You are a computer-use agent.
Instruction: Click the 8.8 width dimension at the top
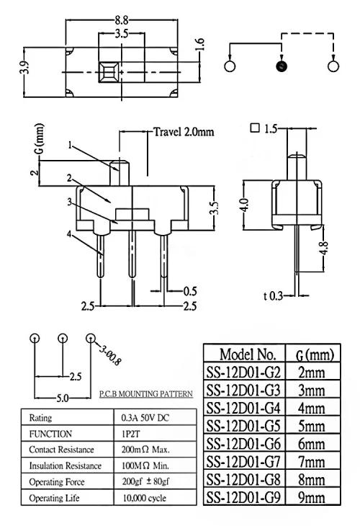click(122, 20)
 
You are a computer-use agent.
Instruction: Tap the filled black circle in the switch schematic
click(282, 66)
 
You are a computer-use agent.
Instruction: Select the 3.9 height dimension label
click(27, 68)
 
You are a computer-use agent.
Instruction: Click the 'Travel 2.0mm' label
click(184, 132)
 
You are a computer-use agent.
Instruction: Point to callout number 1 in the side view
click(70, 146)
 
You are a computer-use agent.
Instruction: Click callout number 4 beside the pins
click(69, 233)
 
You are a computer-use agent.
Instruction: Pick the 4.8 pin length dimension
click(325, 249)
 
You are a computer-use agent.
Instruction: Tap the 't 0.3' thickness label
click(273, 296)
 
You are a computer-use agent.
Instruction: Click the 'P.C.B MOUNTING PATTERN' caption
click(146, 393)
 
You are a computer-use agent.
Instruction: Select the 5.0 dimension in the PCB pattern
click(63, 398)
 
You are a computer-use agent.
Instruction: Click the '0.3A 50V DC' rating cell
click(145, 418)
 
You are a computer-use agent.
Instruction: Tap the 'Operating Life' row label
click(54, 498)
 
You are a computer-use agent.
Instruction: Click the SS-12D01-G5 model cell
click(243, 426)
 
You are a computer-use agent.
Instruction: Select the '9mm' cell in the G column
click(312, 497)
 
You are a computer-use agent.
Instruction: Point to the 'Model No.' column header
click(248, 355)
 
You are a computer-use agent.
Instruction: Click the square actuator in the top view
click(108, 72)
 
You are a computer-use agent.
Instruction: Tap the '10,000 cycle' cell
click(145, 498)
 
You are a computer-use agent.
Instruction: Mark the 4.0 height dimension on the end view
click(246, 205)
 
